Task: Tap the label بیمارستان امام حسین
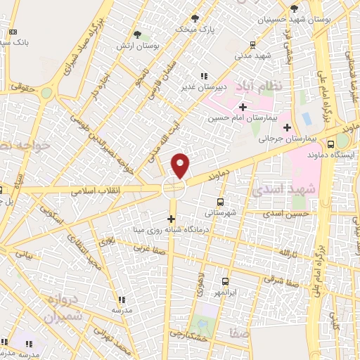pos(238,118)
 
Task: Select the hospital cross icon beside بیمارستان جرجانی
pos(287,127)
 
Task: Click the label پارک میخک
pos(195,29)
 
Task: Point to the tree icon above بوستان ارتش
pos(137,34)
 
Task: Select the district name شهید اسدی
pos(275,191)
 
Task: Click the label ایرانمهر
pos(226,291)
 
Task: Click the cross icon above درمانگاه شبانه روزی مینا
pos(170,218)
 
